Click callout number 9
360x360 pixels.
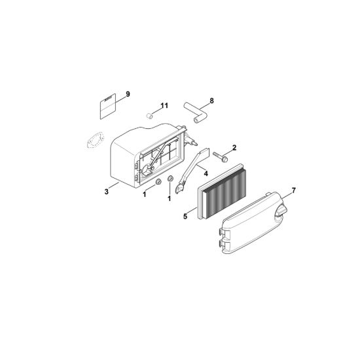[128, 94]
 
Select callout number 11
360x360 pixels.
[164, 105]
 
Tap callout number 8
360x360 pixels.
[211, 101]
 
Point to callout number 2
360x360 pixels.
[234, 148]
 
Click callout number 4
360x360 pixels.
[206, 173]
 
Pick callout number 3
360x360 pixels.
[106, 192]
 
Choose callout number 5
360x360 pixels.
[185, 216]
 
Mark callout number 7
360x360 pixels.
[293, 190]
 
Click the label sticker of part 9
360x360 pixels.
[107, 107]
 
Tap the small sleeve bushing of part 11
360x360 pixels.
[150, 115]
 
